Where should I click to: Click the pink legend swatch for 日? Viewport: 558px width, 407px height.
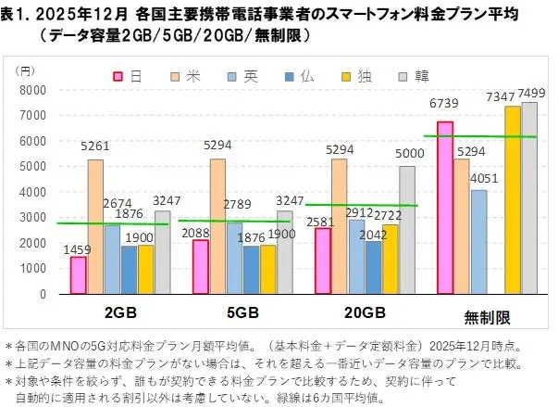[119, 75]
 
